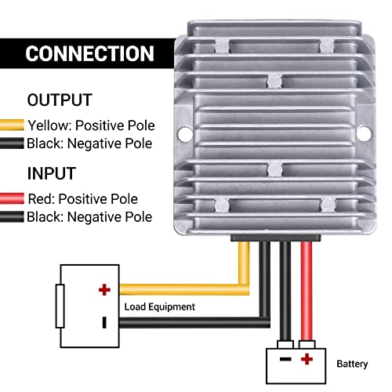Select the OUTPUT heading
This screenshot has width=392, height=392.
(x=59, y=100)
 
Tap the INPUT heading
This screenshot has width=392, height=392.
(x=52, y=172)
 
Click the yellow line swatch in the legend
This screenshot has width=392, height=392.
(x=13, y=125)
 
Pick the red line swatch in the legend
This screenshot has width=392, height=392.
(x=13, y=198)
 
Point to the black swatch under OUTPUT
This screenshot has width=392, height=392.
(x=13, y=143)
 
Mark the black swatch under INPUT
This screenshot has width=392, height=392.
(x=13, y=217)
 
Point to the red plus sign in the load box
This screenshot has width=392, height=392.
(x=103, y=290)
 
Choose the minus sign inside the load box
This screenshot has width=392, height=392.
(x=103, y=321)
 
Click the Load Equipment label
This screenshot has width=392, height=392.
(x=159, y=307)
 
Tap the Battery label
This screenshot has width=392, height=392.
(x=351, y=364)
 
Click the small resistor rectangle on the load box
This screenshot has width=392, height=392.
(x=59, y=306)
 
